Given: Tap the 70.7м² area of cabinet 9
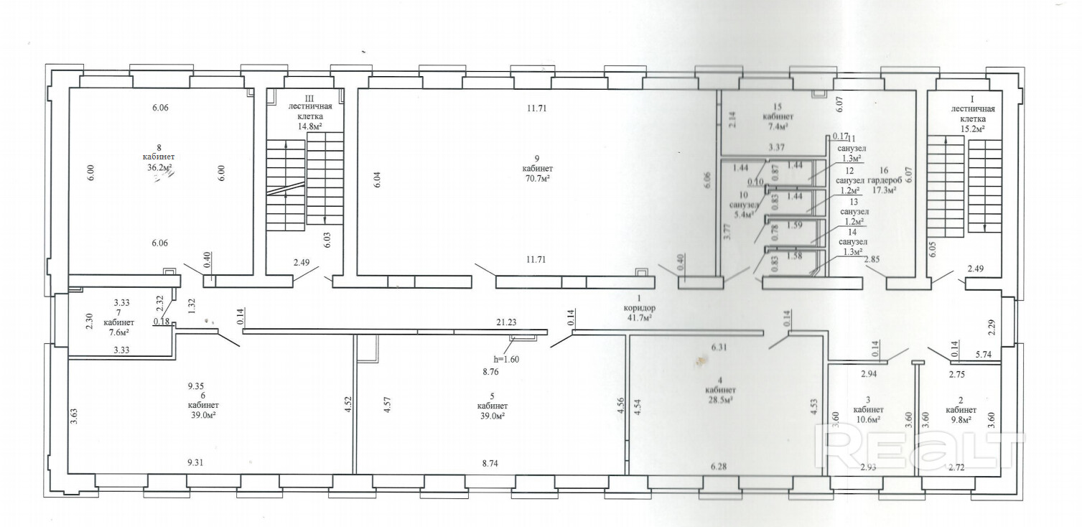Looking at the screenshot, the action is pyautogui.click(x=537, y=179).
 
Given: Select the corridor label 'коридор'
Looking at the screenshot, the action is pyautogui.click(x=638, y=308).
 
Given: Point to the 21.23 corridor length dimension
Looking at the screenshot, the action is pyautogui.click(x=506, y=322).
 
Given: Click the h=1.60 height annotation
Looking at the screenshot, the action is pyautogui.click(x=506, y=360).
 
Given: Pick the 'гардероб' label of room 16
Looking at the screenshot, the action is pyautogui.click(x=885, y=181).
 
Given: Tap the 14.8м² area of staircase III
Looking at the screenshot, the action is pyautogui.click(x=310, y=126).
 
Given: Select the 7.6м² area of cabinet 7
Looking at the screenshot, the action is pyautogui.click(x=118, y=332).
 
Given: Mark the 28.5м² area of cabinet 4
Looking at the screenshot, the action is pyautogui.click(x=720, y=400).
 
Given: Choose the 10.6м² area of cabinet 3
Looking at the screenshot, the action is pyautogui.click(x=867, y=420).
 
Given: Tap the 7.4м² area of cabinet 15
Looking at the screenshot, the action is pyautogui.click(x=778, y=126).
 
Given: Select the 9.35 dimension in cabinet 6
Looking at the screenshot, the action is pyautogui.click(x=195, y=386).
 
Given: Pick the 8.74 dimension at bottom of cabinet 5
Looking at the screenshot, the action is pyautogui.click(x=490, y=463).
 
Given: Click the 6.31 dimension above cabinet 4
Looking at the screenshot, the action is pyautogui.click(x=719, y=348).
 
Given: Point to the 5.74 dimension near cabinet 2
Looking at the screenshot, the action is pyautogui.click(x=984, y=355).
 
